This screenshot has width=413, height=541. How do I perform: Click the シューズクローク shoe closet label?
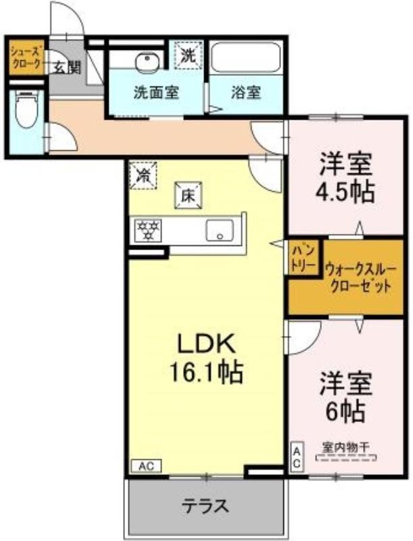point(26,57)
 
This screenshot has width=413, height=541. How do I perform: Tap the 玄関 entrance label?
point(68,68)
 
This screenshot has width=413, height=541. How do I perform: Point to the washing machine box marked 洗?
point(188,55)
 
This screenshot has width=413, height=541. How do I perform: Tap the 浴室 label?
point(246,93)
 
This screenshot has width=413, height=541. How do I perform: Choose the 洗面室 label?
point(156,93)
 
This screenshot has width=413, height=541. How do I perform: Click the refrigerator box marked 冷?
point(143,176)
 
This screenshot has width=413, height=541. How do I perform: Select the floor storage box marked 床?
point(189,195)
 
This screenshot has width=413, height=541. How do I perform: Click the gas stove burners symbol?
point(148,229)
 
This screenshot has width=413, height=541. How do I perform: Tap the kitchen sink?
point(220,230)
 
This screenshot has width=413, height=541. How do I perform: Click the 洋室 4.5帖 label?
point(346,178)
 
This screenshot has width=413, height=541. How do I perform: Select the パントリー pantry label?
point(303,258)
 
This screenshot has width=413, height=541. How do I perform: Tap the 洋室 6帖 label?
point(346,397)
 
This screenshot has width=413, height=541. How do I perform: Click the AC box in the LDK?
point(146,467)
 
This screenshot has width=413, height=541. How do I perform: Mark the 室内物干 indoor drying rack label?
point(346,448)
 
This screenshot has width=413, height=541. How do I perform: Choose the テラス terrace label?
point(205,506)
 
